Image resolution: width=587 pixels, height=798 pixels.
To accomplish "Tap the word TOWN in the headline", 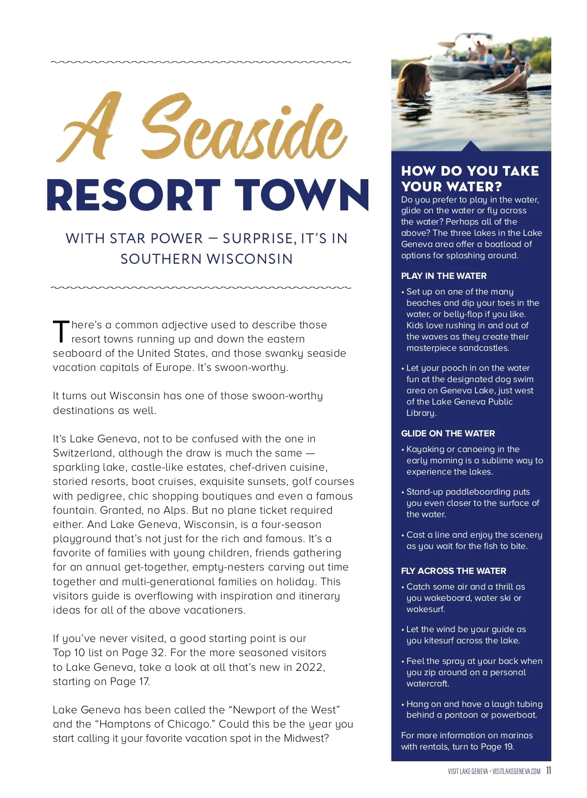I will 301,195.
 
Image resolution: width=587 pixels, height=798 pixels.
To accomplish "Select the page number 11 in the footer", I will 548,771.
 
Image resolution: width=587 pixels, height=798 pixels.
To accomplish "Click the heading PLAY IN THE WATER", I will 444,276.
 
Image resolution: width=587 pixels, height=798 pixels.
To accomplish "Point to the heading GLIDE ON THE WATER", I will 448,433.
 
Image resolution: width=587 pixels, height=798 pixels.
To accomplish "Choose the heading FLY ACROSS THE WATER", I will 453,571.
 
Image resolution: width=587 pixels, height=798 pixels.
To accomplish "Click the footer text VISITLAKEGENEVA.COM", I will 516,772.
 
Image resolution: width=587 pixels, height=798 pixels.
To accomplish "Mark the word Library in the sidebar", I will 421,413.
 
